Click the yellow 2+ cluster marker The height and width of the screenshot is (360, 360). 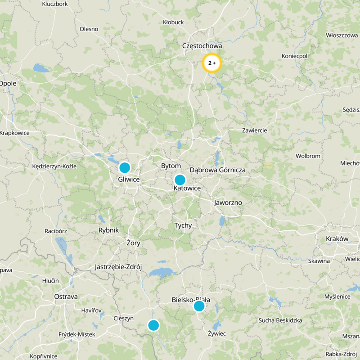(x=212, y=63)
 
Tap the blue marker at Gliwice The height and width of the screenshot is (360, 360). (x=125, y=168)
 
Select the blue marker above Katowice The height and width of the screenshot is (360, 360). (x=180, y=180)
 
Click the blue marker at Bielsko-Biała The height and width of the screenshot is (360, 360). (x=199, y=306)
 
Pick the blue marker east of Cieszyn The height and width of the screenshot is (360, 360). (x=153, y=325)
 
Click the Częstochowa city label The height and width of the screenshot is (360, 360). (x=202, y=46)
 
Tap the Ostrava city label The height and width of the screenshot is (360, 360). (x=66, y=297)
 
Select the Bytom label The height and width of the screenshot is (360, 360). (x=171, y=166)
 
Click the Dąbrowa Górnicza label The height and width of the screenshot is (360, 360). (x=217, y=170)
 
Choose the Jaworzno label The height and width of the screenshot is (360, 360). (x=228, y=202)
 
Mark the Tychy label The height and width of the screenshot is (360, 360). (x=183, y=225)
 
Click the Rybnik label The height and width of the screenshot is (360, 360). (x=108, y=230)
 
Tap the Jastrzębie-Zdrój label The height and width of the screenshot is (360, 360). (x=118, y=267)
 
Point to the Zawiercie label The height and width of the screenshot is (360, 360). (x=254, y=130)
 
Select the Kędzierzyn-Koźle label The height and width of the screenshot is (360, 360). (x=55, y=166)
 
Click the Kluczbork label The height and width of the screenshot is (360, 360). (x=54, y=4)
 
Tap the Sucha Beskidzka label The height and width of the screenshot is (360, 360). (x=279, y=320)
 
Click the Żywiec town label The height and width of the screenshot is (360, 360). (x=216, y=333)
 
